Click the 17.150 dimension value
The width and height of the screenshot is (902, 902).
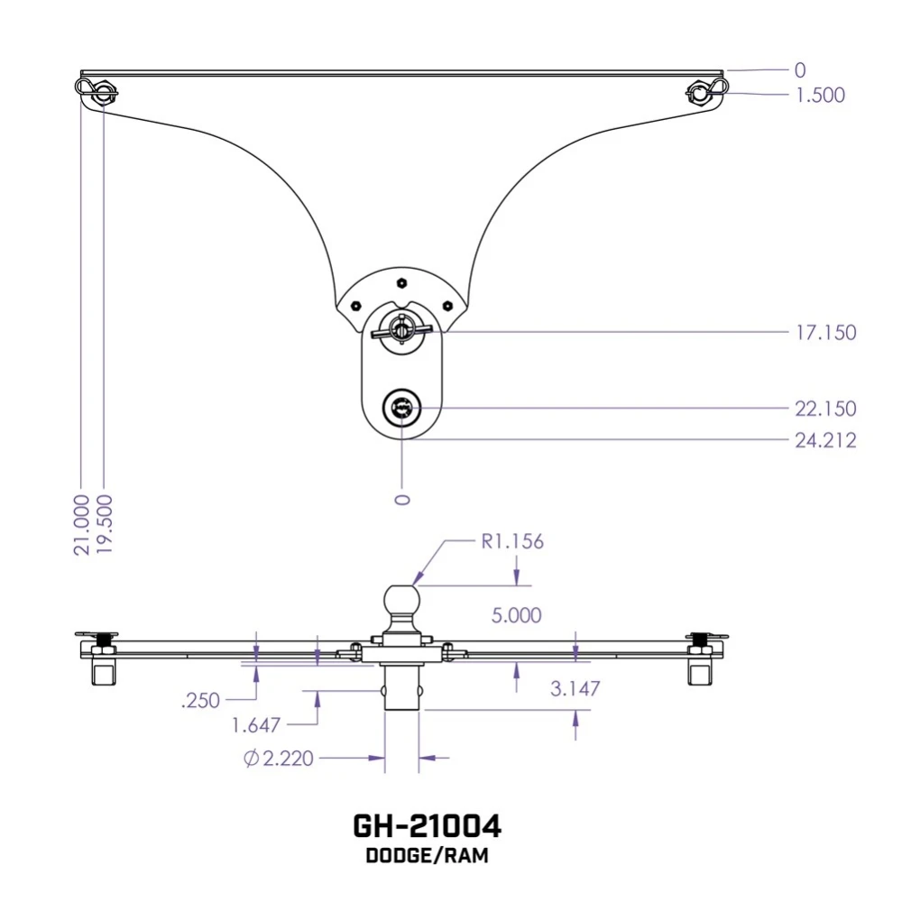825,333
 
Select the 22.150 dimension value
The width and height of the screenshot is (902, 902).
825,409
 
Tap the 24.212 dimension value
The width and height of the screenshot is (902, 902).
825,440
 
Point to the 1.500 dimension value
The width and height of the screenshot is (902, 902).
820,95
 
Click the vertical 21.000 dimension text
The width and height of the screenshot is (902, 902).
82,524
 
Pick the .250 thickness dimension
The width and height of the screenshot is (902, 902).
200,699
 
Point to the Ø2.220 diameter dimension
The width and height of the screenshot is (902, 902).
279,759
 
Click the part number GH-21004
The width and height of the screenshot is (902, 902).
427,826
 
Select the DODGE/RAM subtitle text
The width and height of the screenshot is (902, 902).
427,856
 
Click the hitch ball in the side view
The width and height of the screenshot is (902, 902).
401,599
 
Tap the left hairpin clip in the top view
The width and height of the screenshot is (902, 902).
93,89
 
